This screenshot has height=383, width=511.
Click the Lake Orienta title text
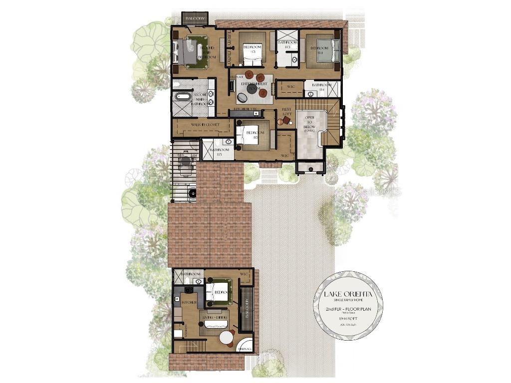pyautogui.click(x=348, y=294)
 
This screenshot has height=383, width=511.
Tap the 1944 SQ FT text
pyautogui.click(x=348, y=317)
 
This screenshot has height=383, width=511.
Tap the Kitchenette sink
pyautogui.click(x=255, y=114)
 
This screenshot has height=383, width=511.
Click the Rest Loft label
pyautogui.click(x=286, y=112)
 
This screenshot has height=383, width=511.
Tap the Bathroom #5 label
pyautogui.click(x=219, y=152)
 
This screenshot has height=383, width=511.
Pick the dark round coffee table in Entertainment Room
pyautogui.click(x=252, y=90)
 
